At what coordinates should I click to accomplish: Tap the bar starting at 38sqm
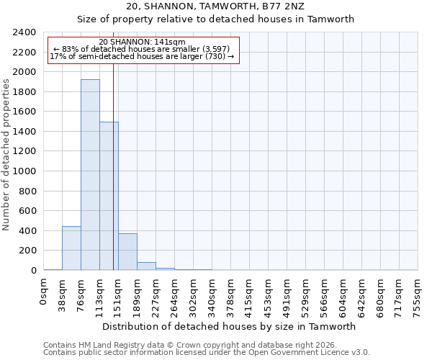click(71, 248)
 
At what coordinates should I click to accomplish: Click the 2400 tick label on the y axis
click(24, 32)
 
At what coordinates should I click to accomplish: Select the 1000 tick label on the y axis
click(24, 171)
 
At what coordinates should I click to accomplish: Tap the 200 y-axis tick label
click(29, 251)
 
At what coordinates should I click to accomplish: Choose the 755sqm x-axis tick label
click(418, 295)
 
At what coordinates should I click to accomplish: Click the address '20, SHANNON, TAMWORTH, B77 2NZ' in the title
click(215, 6)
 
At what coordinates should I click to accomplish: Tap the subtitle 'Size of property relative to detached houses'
click(215, 19)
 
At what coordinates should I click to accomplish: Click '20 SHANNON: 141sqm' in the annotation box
click(142, 42)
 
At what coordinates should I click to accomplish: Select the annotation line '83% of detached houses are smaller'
click(142, 49)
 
